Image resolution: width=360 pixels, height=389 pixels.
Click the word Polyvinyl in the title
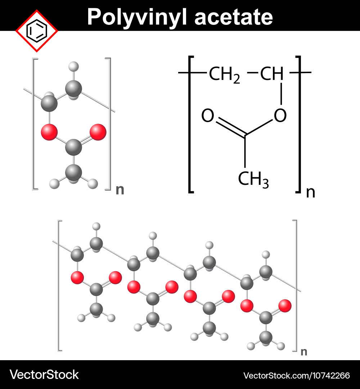(136, 17)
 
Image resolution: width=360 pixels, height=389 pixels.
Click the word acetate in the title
(234, 17)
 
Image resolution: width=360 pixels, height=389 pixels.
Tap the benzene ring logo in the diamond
(37, 31)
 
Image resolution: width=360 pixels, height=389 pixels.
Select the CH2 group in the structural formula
(224, 75)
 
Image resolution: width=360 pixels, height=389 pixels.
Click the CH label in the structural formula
(271, 73)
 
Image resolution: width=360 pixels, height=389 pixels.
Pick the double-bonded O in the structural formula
(208, 115)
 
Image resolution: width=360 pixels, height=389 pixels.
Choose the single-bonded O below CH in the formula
(280, 115)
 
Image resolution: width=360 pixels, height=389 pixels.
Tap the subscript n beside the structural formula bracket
(311, 192)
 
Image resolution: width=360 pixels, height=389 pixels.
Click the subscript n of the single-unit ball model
(120, 190)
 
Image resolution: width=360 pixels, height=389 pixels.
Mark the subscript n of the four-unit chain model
(304, 352)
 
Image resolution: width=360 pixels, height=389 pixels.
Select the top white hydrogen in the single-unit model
(74, 67)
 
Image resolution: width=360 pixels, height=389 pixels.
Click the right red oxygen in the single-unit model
(98, 132)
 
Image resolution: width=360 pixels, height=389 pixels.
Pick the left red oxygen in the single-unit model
(49, 132)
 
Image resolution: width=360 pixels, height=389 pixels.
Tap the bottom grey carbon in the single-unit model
(74, 172)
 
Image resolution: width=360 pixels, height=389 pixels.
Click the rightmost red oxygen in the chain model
(285, 306)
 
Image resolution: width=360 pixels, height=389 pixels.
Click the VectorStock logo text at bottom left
(44, 375)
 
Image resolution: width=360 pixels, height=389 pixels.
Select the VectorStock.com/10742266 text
(297, 376)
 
